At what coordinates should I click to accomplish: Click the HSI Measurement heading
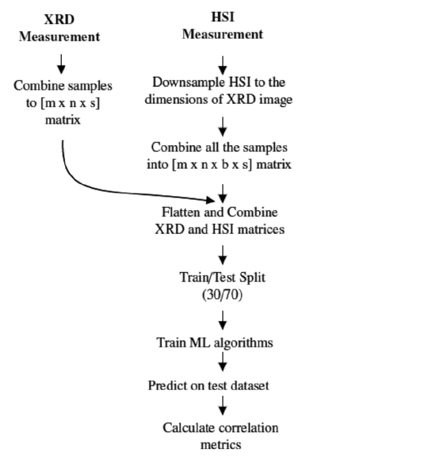223,27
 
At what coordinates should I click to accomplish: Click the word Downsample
181,84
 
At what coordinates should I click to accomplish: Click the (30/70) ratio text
222,296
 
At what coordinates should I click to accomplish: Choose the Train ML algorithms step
222,343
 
